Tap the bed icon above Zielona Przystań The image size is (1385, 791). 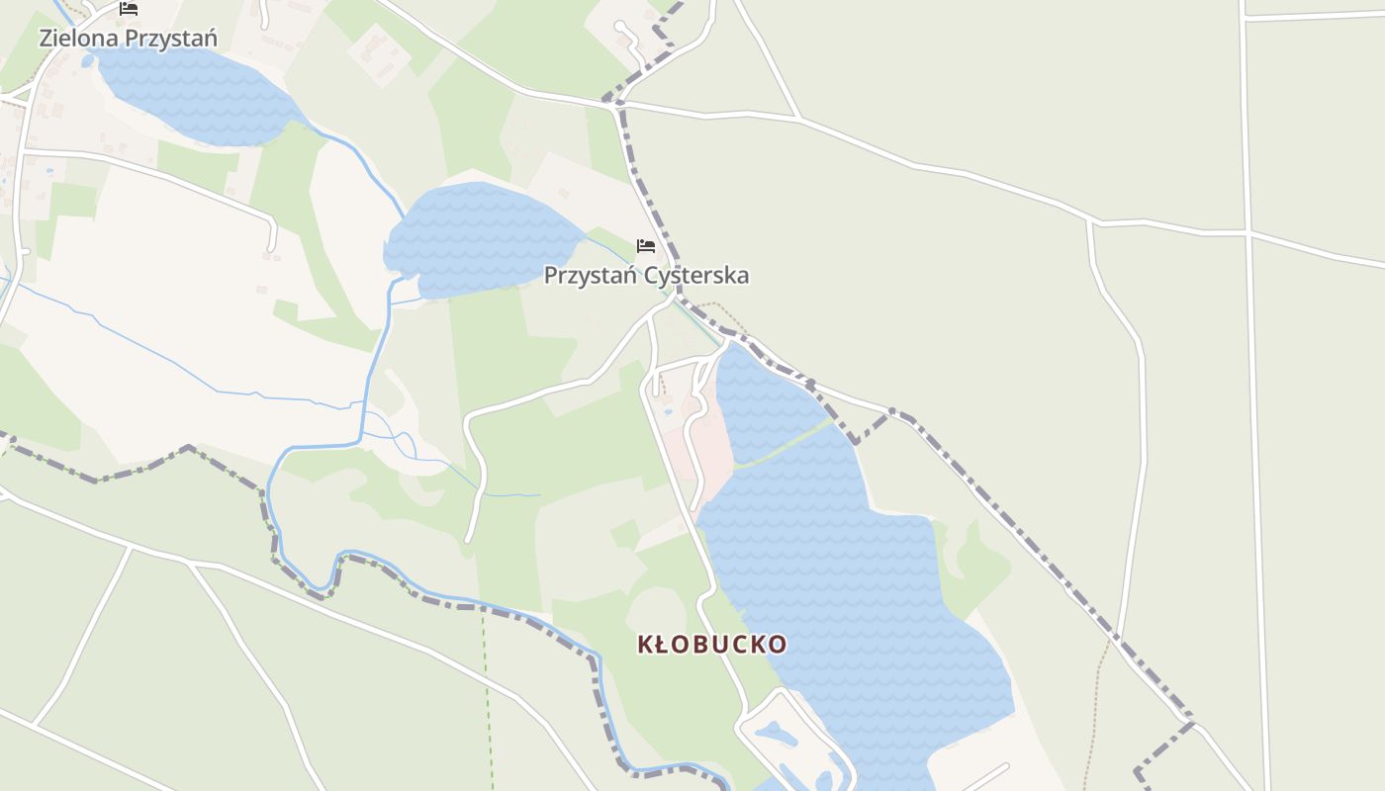coord(128,9)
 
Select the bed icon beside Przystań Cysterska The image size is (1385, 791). coord(646,245)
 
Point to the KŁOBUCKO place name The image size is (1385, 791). coord(712,645)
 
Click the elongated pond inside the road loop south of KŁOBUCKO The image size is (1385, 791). coord(774,735)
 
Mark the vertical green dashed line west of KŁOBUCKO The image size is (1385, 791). coord(488,692)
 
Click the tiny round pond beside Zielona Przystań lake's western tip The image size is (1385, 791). coord(88,61)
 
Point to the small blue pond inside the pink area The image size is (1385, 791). coord(669,411)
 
